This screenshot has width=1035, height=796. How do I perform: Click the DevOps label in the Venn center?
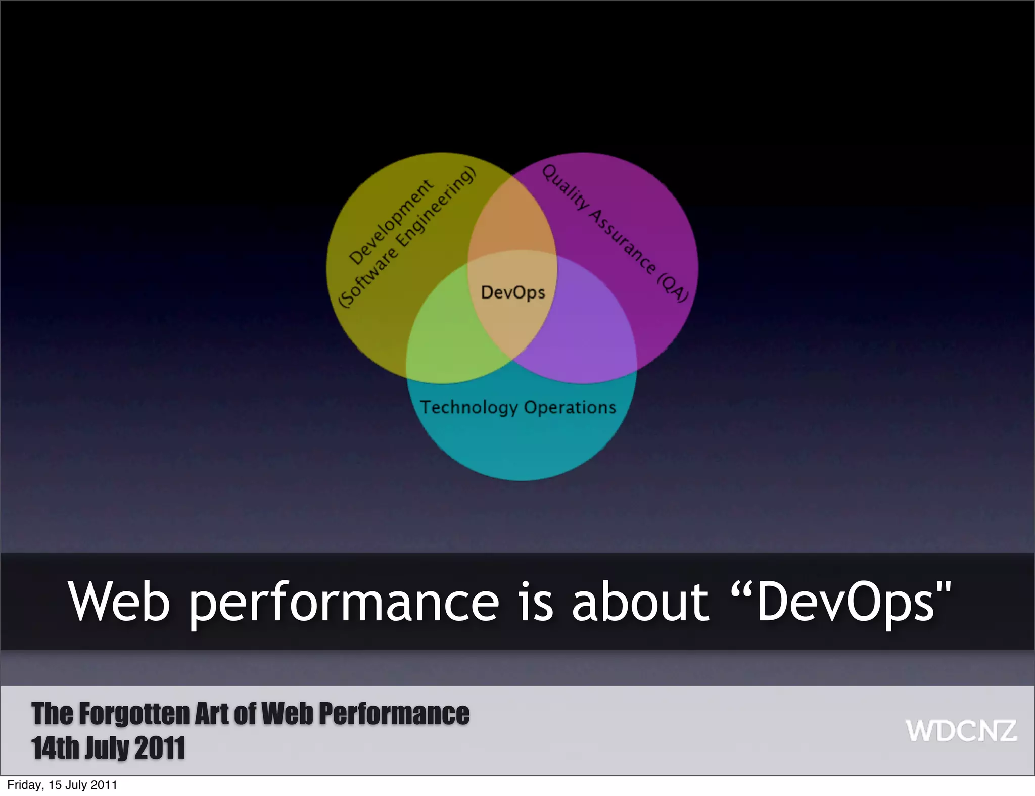512,292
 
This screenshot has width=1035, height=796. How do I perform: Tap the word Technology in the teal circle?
469,407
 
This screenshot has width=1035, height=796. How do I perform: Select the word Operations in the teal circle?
570,407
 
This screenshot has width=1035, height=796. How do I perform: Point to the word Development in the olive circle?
391,222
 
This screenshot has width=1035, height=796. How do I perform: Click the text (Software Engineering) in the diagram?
407,236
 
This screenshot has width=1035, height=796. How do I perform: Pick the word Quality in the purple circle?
565,186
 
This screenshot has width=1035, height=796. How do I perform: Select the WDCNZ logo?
961,731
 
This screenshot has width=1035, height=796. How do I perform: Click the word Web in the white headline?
119,602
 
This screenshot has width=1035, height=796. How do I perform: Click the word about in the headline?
640,602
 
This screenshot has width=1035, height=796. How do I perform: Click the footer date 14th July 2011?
108,748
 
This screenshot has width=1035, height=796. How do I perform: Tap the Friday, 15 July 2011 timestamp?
62,785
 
